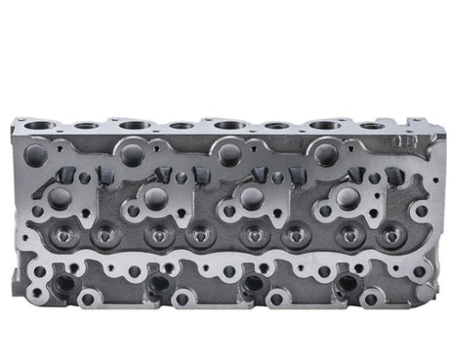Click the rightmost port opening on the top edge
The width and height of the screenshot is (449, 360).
pyautogui.click(x=370, y=126)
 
